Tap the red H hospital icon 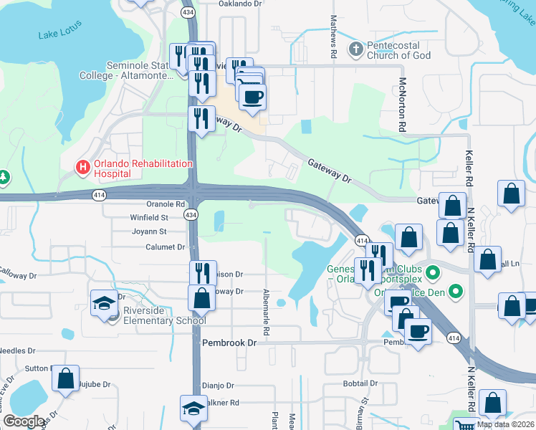click(x=83, y=168)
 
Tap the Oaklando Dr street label click(x=246, y=4)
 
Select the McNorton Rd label click(x=403, y=105)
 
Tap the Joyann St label click(x=149, y=231)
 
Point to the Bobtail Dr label click(x=360, y=384)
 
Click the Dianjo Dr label click(x=218, y=385)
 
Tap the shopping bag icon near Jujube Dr click(x=65, y=380)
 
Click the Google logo click(x=24, y=421)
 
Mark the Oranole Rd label click(x=150, y=204)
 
